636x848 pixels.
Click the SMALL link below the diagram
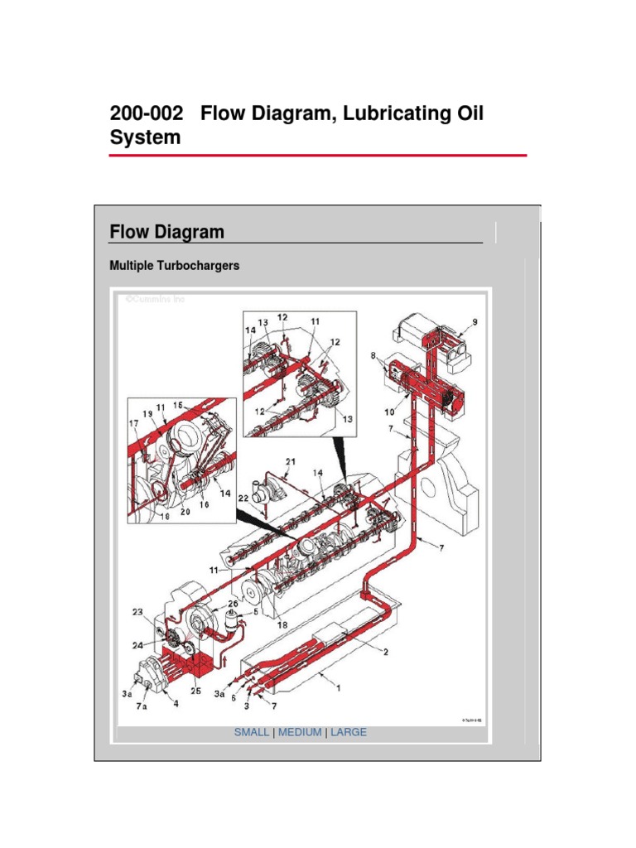252,733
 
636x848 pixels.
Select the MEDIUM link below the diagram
301,733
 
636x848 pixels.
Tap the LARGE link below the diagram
349,733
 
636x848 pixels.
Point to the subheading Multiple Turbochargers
175,267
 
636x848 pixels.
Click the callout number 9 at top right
475,322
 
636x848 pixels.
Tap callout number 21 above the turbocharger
291,461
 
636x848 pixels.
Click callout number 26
233,604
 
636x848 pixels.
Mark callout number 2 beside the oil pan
384,651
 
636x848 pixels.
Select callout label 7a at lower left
142,710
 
